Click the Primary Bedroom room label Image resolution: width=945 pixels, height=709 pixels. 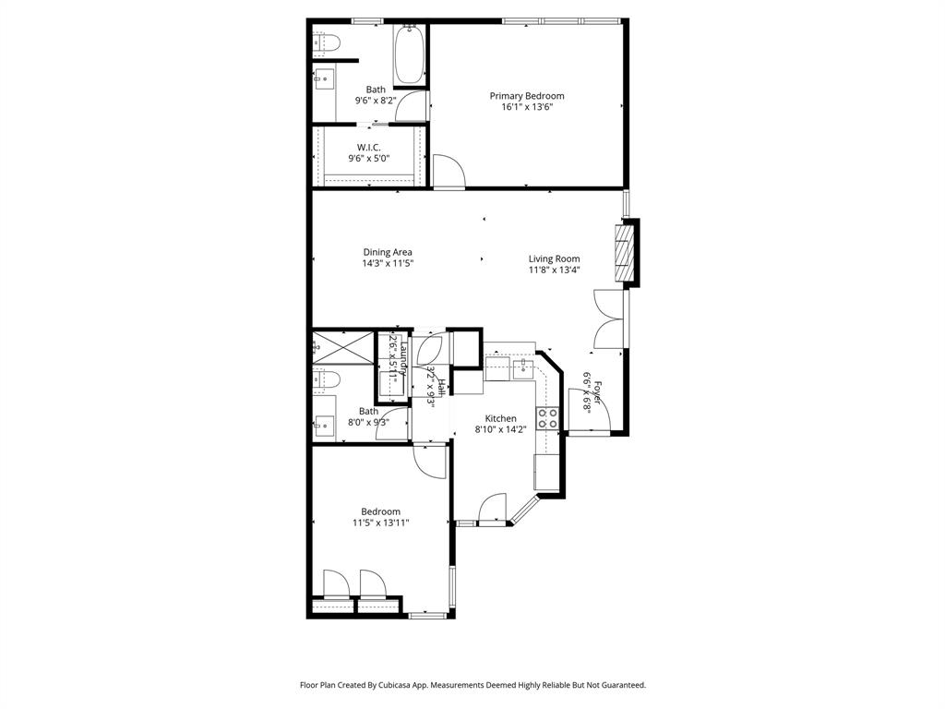526,96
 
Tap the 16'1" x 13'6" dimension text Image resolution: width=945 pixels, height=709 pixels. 526,107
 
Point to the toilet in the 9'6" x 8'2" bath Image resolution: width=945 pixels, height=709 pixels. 327,42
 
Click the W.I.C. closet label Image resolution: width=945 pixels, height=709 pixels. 369,148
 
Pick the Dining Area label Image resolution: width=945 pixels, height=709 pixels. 387,252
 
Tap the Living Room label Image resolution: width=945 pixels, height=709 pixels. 554,258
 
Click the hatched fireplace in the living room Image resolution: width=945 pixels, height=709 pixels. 625,250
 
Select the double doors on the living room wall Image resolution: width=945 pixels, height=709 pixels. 609,318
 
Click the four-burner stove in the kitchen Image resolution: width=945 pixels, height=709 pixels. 547,418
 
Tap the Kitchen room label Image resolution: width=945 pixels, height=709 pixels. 496,418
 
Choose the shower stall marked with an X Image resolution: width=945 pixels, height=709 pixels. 342,346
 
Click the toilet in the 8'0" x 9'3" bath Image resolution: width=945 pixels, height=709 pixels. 327,379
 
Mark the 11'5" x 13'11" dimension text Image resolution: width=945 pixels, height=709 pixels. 380,523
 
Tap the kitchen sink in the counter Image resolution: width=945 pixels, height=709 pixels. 522,367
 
